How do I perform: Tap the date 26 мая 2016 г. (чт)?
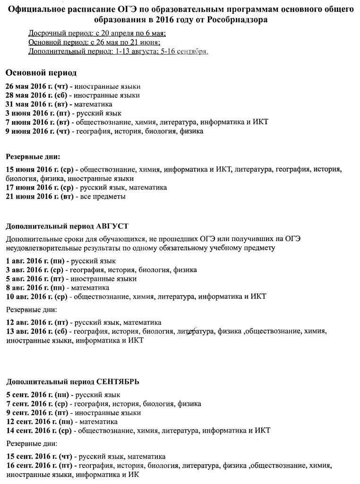coord(36,86)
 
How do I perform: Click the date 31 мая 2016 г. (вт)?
coord(36,104)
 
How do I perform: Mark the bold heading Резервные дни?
coord(33,156)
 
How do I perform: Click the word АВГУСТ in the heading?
coord(111,225)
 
